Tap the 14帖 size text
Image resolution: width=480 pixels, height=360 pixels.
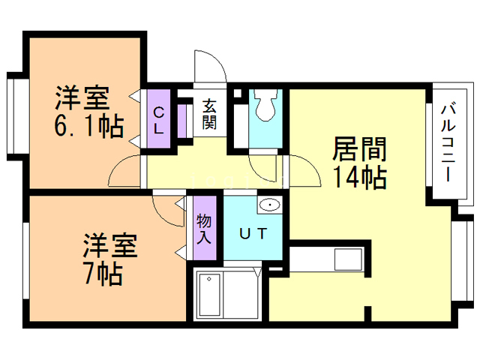point(360,178)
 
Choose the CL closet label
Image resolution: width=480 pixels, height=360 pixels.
point(159,121)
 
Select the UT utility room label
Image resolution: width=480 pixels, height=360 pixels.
point(252,233)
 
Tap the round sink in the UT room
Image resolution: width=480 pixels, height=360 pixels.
point(268,205)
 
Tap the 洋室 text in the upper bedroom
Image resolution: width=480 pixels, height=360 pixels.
point(82,98)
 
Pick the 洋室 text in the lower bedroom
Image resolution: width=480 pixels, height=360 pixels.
point(109,245)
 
